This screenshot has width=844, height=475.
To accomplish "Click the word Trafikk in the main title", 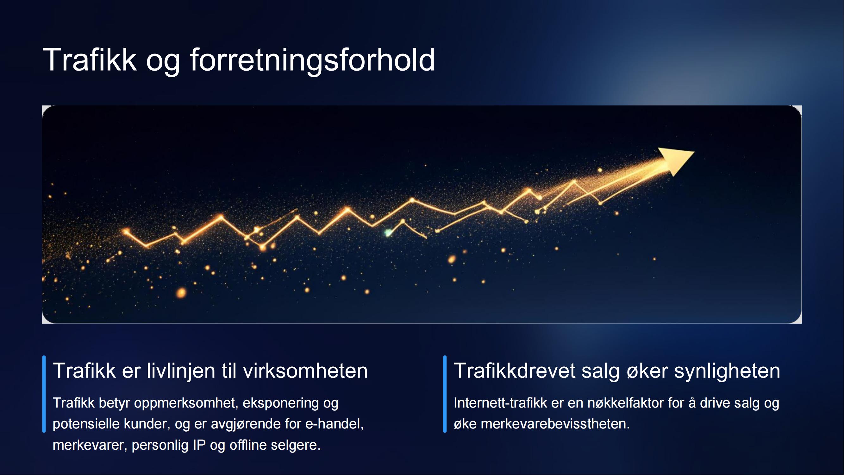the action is pyautogui.click(x=90, y=60).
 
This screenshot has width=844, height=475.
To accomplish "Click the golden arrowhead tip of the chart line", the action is pyautogui.click(x=694, y=152).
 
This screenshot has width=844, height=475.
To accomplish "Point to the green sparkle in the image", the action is pyautogui.click(x=388, y=233).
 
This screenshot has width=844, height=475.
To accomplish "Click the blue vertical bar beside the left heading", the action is pyautogui.click(x=44, y=394).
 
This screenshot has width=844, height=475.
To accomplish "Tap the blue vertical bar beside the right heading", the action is pyautogui.click(x=445, y=394).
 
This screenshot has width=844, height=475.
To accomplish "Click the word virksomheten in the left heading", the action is pyautogui.click(x=305, y=371).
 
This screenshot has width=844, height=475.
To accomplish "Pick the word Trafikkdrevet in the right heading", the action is pyautogui.click(x=514, y=371).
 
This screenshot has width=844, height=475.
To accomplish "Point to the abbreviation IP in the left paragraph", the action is pyautogui.click(x=199, y=445).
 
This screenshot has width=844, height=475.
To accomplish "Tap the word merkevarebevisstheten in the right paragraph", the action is pyautogui.click(x=555, y=424).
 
